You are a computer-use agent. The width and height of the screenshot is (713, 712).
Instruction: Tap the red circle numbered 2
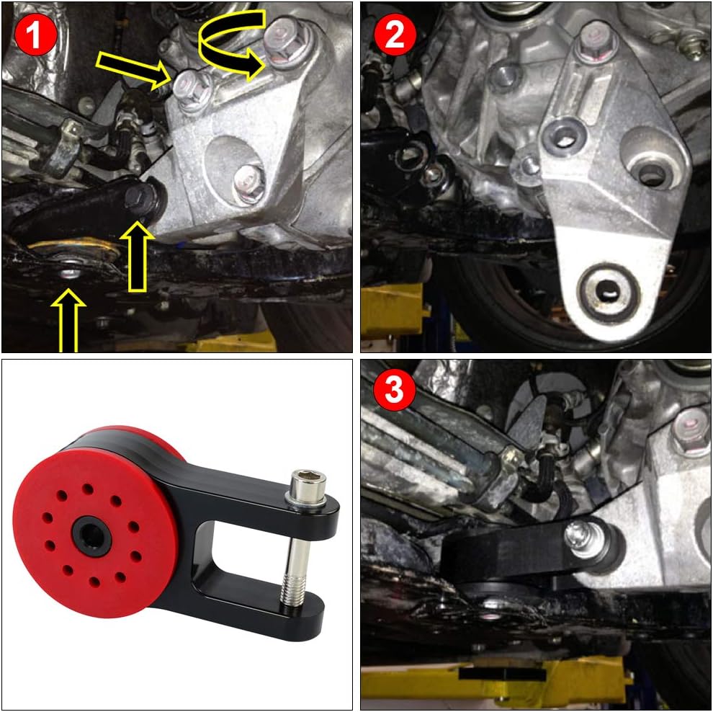coord(395,35)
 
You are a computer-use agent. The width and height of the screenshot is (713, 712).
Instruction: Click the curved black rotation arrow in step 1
coord(230,43)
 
